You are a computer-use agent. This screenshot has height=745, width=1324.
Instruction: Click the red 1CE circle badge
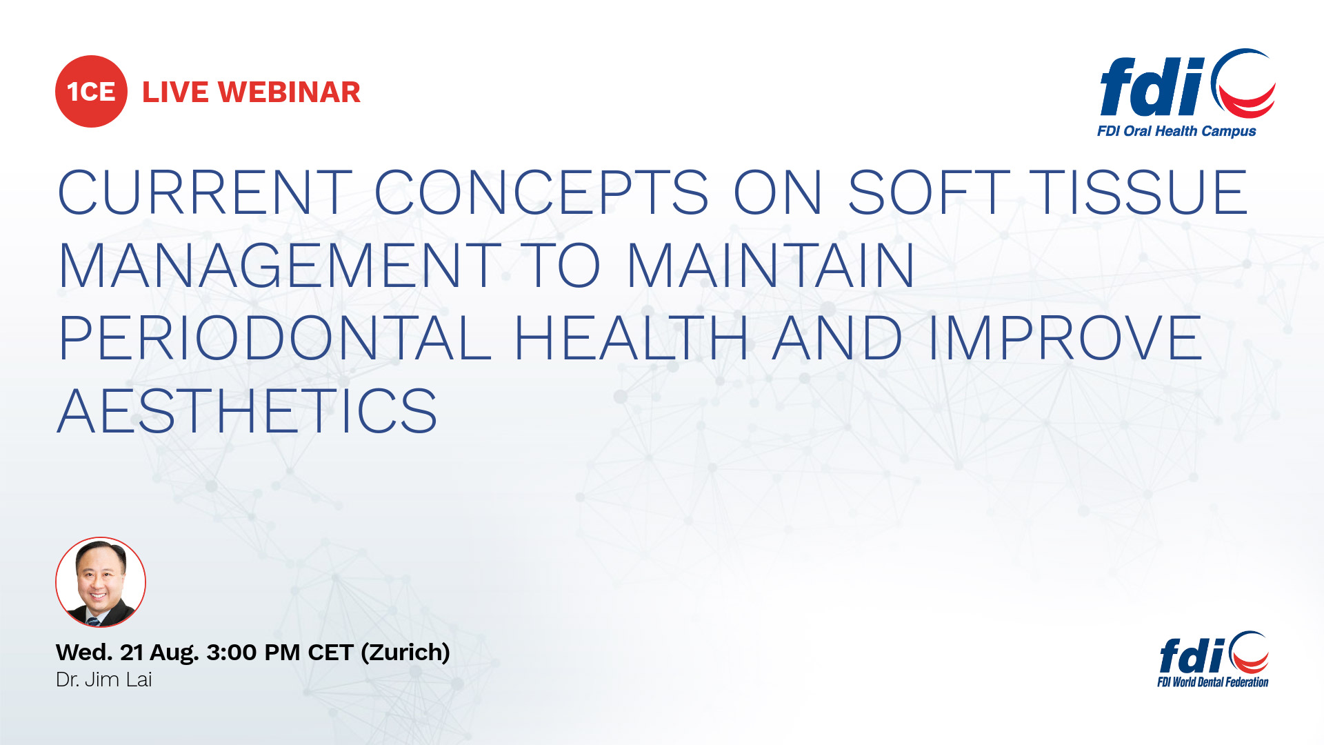[91, 91]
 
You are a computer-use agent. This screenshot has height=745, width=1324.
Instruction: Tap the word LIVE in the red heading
[175, 92]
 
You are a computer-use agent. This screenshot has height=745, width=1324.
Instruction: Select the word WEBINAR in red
[290, 92]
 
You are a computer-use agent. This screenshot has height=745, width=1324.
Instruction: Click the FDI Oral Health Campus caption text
[1176, 131]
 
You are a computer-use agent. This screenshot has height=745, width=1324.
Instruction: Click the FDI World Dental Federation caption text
[1213, 682]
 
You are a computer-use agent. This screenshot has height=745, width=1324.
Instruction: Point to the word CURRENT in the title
[205, 192]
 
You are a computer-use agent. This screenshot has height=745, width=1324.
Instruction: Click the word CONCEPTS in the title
[541, 192]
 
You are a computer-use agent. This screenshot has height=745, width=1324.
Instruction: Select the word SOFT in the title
[928, 192]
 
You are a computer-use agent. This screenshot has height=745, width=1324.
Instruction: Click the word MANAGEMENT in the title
[280, 266]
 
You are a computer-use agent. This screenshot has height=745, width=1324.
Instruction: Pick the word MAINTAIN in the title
[771, 266]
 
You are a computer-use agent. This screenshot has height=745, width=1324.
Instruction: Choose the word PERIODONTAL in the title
[274, 338]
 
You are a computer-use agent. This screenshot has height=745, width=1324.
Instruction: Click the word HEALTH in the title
[631, 338]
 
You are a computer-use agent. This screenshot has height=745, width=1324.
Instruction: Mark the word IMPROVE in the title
[1066, 338]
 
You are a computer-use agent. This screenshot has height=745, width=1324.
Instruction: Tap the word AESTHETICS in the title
[248, 411]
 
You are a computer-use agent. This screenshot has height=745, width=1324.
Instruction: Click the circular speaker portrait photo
[101, 582]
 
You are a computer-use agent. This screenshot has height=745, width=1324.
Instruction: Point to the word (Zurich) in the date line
[405, 653]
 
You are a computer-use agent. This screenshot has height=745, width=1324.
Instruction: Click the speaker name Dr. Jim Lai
[103, 680]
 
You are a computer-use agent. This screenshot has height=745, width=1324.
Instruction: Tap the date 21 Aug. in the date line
[159, 653]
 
